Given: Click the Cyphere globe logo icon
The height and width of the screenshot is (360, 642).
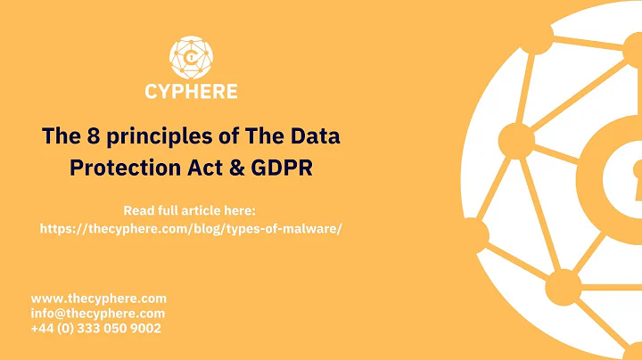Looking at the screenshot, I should pos(191,56).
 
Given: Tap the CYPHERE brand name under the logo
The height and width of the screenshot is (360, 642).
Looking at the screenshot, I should pos(191,91).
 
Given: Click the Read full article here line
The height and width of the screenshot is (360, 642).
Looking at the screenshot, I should pos(190,211).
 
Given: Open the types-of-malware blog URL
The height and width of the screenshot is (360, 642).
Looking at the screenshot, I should pos(191,229).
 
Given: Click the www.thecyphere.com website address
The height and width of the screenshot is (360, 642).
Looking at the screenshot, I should pos(99,299).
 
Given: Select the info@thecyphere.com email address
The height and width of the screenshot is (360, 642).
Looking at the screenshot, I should pos(98,314).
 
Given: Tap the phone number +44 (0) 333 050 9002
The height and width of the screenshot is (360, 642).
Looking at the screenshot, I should pos(96,329).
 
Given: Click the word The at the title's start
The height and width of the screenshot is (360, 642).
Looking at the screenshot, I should pos(59,137).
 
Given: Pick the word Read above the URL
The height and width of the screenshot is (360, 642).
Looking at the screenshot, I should pos(138,211).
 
